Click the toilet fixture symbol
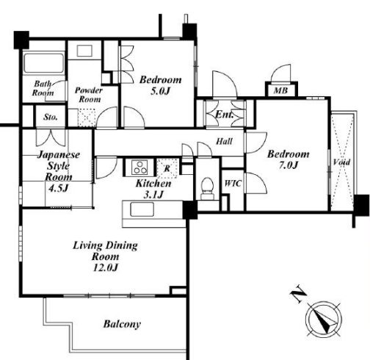(x=207, y=188)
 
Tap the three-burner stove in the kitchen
(x=139, y=167)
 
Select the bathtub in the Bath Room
(x=43, y=63)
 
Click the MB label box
(x=281, y=90)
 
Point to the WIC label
(x=233, y=183)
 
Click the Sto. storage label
(x=51, y=117)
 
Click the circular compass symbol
(x=324, y=319)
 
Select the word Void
(x=341, y=162)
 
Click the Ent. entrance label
(x=224, y=115)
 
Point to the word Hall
(x=224, y=141)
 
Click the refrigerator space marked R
(x=167, y=168)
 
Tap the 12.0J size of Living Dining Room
(x=106, y=267)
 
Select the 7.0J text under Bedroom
(x=288, y=165)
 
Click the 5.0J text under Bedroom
(x=160, y=91)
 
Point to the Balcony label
(x=122, y=324)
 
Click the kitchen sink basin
(x=142, y=209)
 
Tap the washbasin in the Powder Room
(x=84, y=51)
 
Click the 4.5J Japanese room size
(x=58, y=188)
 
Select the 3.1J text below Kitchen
(x=153, y=195)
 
